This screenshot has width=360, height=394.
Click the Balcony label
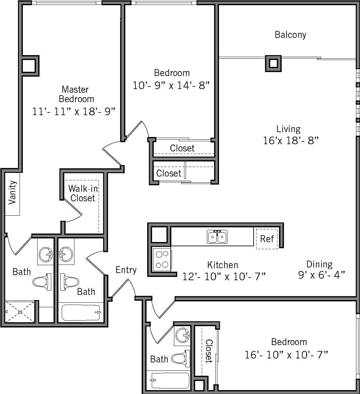click(290, 35)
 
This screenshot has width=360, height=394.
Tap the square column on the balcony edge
click(273, 63)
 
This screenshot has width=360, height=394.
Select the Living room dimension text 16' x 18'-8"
click(290, 141)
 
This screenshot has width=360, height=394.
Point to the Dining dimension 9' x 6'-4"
click(321, 275)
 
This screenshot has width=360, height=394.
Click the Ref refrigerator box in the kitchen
click(267, 239)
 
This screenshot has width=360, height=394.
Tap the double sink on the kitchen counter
click(217, 237)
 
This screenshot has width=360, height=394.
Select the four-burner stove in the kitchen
click(162, 259)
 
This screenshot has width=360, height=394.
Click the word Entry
click(126, 270)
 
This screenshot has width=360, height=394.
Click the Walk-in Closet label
click(83, 193)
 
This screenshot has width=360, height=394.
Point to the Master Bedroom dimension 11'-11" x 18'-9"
click(74, 112)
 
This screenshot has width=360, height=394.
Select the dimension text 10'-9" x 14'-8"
click(171, 85)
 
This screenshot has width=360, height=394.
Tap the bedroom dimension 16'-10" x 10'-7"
click(286, 355)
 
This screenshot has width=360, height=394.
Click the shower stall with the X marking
click(20, 312)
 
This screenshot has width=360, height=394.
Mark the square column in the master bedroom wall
click(29, 66)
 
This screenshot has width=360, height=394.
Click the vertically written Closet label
click(209, 351)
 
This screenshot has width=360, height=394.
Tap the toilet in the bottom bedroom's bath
click(181, 359)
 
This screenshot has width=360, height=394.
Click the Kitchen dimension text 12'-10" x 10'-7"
click(224, 277)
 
